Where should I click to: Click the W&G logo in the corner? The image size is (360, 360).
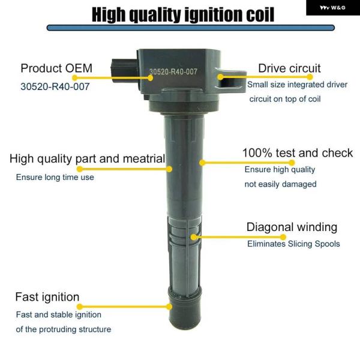(333, 8)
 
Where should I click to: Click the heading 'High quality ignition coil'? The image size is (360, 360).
(183, 14)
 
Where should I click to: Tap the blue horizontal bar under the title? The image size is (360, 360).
(191, 28)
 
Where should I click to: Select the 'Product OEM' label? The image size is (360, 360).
(56, 68)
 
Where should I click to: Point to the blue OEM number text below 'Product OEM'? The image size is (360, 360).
(55, 86)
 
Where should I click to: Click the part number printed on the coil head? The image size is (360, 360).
(173, 71)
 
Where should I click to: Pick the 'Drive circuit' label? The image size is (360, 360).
(289, 68)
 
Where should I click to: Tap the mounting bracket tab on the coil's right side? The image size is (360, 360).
(231, 80)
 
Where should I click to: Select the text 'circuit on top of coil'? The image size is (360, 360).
(285, 99)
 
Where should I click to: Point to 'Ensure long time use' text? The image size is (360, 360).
(55, 177)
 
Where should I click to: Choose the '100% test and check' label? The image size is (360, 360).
(298, 153)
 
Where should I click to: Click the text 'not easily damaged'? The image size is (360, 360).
(280, 184)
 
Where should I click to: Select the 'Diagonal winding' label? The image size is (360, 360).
(292, 227)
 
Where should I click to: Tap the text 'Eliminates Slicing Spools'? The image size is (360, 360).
(293, 244)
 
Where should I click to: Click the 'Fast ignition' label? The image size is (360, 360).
(47, 297)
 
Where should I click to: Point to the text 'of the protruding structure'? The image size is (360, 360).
(64, 329)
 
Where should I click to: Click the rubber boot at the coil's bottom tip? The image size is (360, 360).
(185, 309)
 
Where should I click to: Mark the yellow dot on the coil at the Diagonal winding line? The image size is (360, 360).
(194, 237)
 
